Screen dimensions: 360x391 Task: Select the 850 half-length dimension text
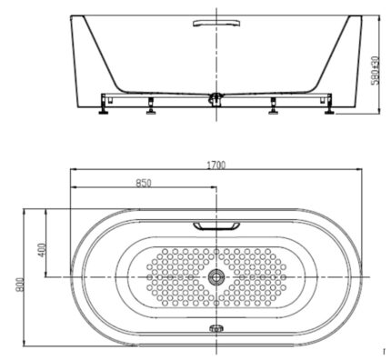[x=144, y=183]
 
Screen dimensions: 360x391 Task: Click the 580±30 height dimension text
[x=374, y=65]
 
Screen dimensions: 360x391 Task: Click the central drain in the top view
[x=216, y=276]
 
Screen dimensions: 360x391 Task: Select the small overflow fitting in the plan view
[x=216, y=329]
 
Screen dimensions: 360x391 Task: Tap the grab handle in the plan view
[x=216, y=225]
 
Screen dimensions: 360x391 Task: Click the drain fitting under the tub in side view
[x=216, y=94]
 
